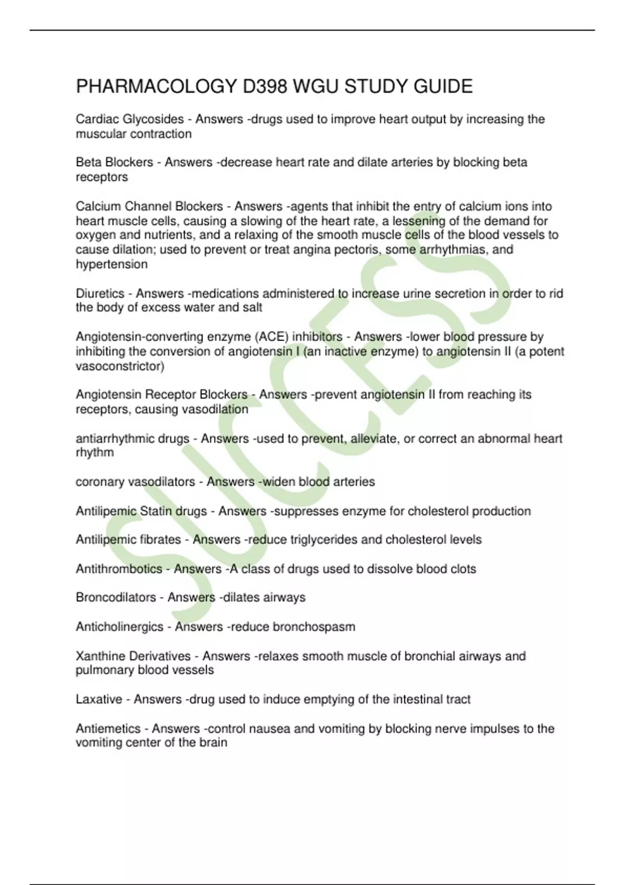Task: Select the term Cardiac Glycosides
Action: pyautogui.click(x=130, y=119)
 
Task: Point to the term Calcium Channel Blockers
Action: pyautogui.click(x=149, y=206)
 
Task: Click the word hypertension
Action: pyautogui.click(x=111, y=264)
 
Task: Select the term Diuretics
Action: pyautogui.click(x=100, y=294)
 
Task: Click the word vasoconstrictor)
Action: pyautogui.click(x=120, y=366)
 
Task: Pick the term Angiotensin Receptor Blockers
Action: pyautogui.click(x=161, y=395)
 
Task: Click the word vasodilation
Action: pyautogui.click(x=215, y=409)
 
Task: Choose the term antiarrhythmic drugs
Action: pyautogui.click(x=132, y=438)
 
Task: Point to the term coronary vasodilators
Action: pyautogui.click(x=135, y=482)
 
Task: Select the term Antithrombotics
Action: pyautogui.click(x=119, y=568)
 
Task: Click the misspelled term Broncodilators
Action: pyautogui.click(x=116, y=597)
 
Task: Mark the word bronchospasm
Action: pyautogui.click(x=314, y=626)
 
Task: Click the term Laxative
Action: pyautogui.click(x=99, y=699)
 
